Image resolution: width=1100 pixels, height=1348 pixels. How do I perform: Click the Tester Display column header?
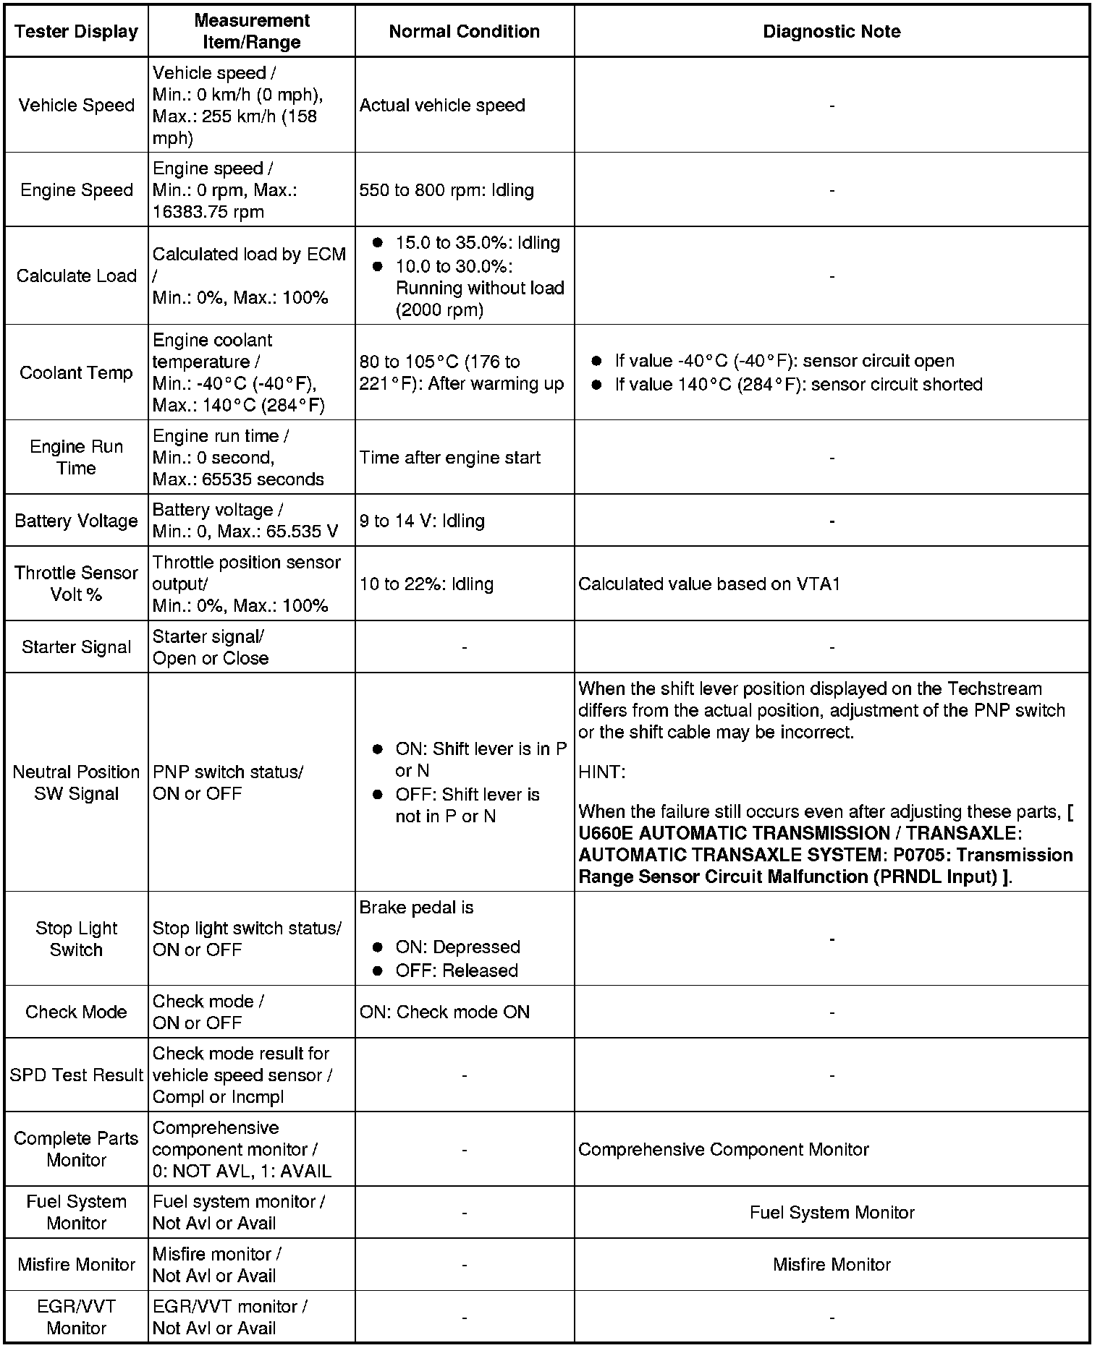click(x=76, y=32)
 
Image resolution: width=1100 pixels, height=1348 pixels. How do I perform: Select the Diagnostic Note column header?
click(x=832, y=32)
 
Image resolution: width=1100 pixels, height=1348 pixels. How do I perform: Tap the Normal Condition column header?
click(x=464, y=32)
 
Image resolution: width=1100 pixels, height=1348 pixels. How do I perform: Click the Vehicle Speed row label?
click(x=76, y=106)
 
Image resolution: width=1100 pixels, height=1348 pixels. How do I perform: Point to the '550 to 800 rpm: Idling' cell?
click(x=447, y=190)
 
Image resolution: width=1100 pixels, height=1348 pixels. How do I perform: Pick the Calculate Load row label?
click(x=76, y=276)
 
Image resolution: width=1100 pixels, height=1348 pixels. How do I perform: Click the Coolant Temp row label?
click(x=76, y=373)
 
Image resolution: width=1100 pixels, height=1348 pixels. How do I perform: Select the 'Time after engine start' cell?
click(x=449, y=458)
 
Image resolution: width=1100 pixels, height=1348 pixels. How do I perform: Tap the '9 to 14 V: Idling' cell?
click(x=422, y=521)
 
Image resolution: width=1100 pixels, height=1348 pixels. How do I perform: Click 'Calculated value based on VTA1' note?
click(x=709, y=584)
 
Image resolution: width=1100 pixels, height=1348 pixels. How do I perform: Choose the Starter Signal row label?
click(x=76, y=647)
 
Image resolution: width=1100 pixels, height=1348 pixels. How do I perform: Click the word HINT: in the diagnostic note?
click(x=601, y=772)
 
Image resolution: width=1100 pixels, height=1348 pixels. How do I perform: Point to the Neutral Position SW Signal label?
click(x=76, y=783)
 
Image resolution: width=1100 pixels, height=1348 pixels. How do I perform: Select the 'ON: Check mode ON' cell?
click(x=444, y=1012)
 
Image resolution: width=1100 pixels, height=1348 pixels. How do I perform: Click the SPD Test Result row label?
click(x=76, y=1076)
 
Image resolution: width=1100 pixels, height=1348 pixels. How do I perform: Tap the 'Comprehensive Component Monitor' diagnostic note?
click(x=724, y=1150)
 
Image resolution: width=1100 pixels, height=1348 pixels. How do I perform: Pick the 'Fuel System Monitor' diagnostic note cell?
click(x=832, y=1213)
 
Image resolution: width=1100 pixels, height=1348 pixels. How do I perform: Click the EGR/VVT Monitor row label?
click(x=76, y=1318)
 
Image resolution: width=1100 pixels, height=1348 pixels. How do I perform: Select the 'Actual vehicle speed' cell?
click(x=442, y=106)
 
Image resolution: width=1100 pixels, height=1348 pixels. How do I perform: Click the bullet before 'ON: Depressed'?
click(x=377, y=947)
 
